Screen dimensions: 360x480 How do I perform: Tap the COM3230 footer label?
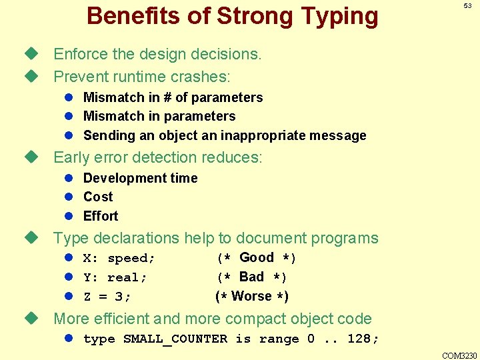(459, 355)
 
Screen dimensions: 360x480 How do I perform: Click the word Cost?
(98, 197)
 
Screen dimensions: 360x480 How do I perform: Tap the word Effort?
(101, 216)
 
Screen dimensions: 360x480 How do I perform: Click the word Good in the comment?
(257, 257)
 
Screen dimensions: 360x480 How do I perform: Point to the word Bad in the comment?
(251, 277)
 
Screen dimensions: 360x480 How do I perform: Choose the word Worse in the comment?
(251, 296)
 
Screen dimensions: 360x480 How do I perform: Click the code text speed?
(131, 258)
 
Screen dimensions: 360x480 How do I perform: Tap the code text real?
(127, 277)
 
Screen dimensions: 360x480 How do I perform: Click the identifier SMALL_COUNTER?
(175, 339)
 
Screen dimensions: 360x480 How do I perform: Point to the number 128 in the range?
(360, 339)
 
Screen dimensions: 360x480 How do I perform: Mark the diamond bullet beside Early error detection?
(29, 158)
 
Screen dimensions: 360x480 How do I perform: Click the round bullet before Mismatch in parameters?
(68, 117)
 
